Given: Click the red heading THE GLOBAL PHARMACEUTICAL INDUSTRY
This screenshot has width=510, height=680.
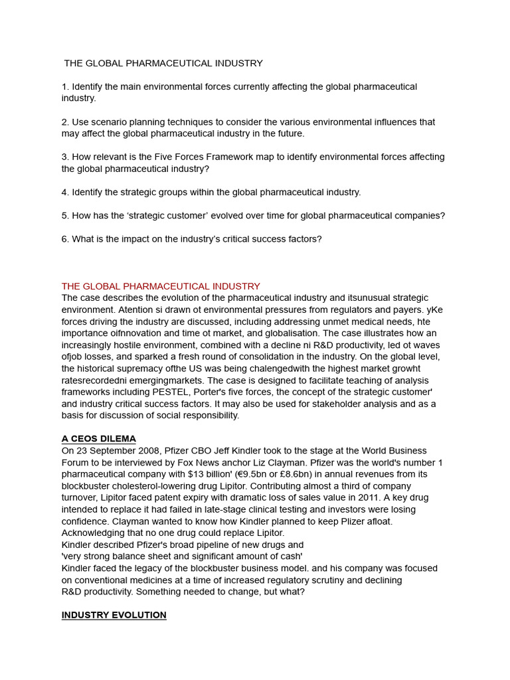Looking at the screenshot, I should [161, 286].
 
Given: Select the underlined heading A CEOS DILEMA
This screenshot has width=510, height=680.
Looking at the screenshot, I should [98, 439].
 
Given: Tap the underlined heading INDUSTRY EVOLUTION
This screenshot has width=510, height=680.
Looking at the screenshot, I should [114, 615].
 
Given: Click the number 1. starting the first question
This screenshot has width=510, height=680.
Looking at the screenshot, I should [66, 87].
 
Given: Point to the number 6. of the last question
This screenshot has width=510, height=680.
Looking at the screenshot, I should [66, 239].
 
